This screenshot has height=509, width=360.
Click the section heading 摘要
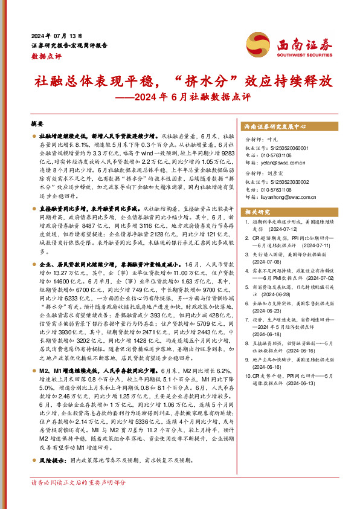(37, 123)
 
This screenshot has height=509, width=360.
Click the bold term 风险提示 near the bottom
(52, 460)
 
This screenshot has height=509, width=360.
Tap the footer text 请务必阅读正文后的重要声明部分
(79, 482)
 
